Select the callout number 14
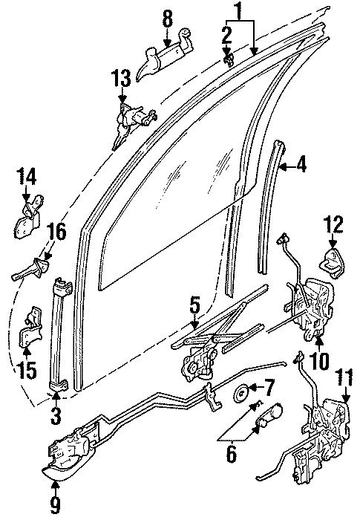pos(27,178)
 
